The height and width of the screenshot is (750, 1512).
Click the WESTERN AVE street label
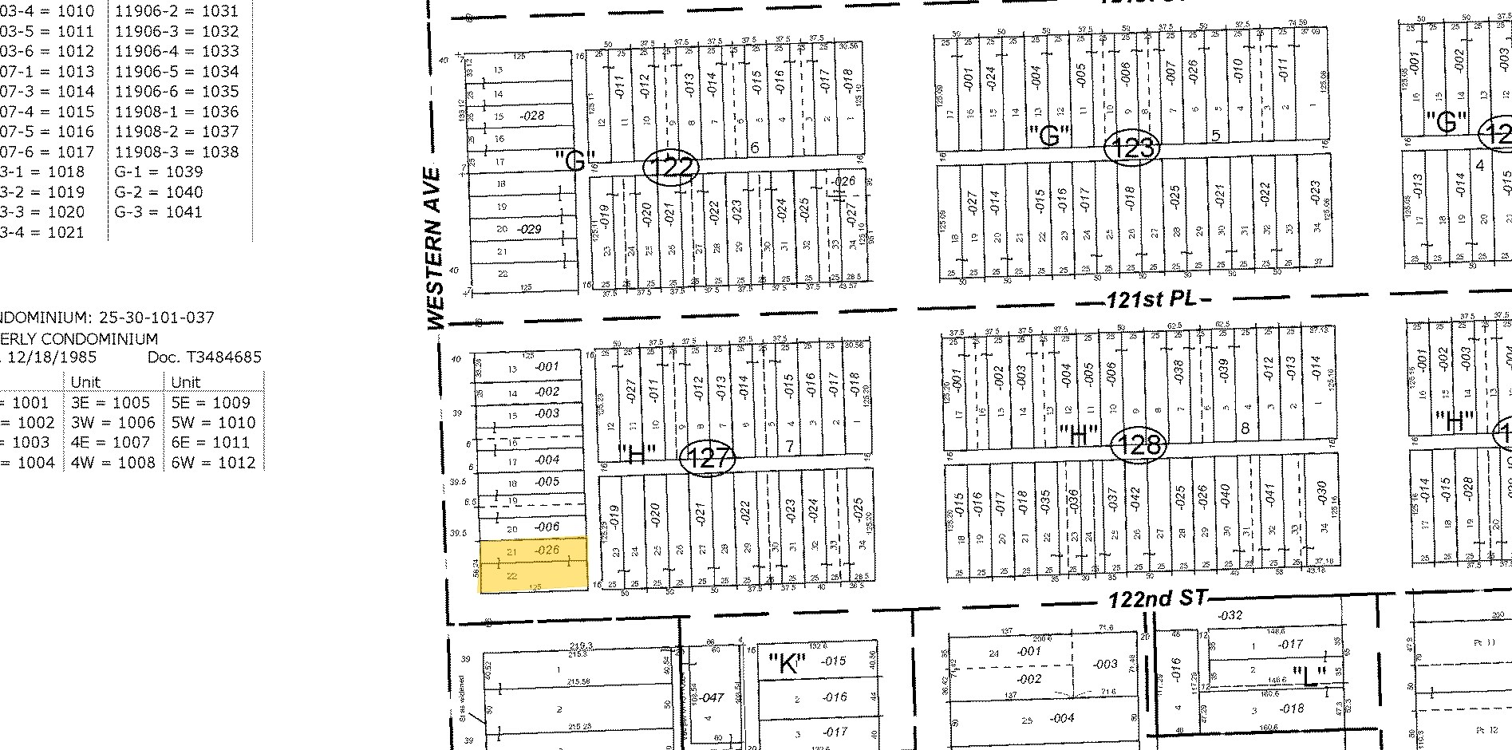coord(435,248)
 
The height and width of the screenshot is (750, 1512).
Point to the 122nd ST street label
coord(1159,599)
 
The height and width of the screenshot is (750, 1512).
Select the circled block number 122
coord(671,168)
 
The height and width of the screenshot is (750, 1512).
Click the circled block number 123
coord(1132,148)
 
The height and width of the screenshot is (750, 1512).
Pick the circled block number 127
coord(707,458)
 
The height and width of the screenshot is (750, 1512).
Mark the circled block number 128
coord(1139,444)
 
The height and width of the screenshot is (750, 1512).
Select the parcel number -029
coord(529,229)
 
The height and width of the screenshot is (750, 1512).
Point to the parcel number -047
coord(712,697)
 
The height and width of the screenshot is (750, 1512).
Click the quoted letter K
coord(788,663)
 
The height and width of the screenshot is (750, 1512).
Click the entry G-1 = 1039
coord(159,172)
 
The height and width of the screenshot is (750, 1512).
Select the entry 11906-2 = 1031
coord(176,11)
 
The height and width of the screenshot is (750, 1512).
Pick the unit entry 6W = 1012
coord(213,462)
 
